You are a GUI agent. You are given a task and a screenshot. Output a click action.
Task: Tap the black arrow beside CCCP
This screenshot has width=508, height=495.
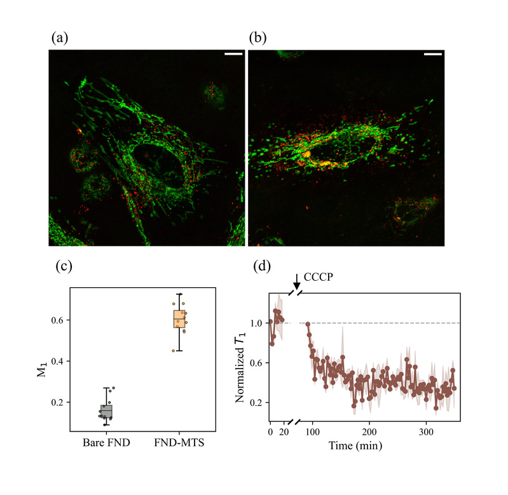[297, 280]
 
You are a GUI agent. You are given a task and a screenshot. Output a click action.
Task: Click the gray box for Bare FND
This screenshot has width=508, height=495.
[106, 411]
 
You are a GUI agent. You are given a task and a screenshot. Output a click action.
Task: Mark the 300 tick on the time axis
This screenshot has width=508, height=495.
[427, 430]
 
